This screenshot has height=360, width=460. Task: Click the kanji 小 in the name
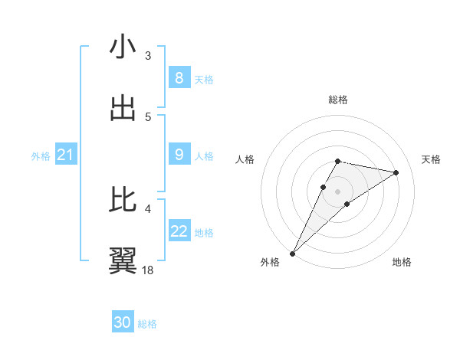tap(123, 47)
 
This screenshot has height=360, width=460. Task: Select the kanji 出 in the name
tap(123, 108)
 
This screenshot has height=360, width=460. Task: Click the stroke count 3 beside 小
tap(148, 55)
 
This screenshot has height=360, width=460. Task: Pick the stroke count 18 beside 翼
tap(148, 270)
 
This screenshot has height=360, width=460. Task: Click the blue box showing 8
tap(179, 78)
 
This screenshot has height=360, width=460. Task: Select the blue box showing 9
tap(179, 155)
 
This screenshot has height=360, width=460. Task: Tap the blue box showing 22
tap(179, 231)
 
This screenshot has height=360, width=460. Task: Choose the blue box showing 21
tap(65, 155)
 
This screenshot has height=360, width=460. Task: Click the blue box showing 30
tap(123, 323)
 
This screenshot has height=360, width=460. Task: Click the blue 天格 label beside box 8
tap(204, 79)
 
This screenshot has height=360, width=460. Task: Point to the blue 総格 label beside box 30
tap(147, 324)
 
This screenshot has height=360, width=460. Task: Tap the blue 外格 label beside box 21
tap(41, 155)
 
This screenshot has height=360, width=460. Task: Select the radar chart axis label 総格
tap(337, 100)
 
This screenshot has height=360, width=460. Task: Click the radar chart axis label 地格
tap(402, 262)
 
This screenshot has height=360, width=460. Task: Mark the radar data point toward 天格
tap(396, 172)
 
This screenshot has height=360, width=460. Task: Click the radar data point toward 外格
tap(292, 253)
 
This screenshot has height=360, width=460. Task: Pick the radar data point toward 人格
tap(323, 187)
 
